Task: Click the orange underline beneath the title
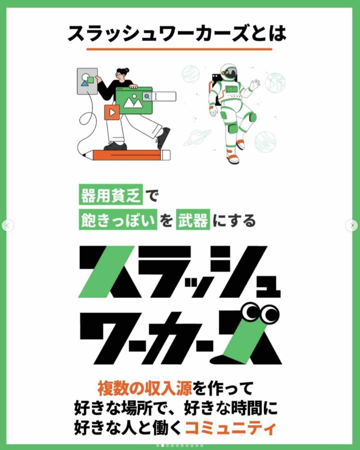[179, 49]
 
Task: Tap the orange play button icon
[112, 112]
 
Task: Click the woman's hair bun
[126, 70]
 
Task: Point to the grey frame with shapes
[87, 81]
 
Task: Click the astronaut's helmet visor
[230, 73]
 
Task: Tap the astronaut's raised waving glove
[255, 84]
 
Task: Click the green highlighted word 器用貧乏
[111, 196]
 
